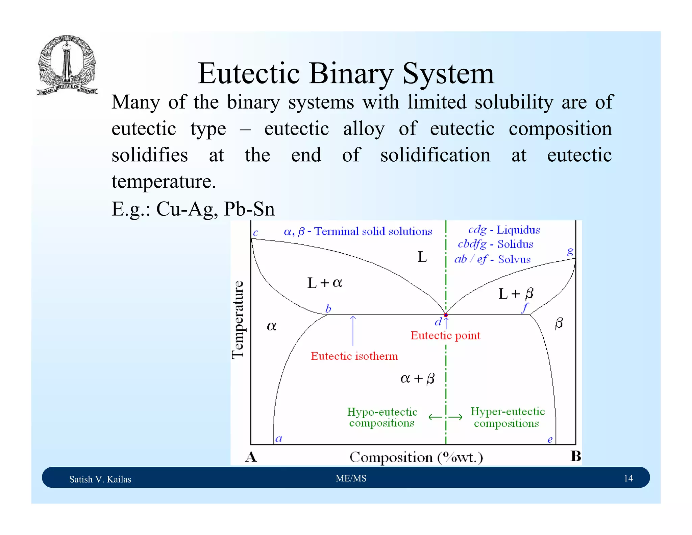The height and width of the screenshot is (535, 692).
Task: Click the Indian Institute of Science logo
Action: coord(67,65)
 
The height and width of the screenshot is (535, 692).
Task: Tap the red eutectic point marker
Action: coord(446,315)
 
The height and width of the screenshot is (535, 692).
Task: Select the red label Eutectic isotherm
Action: coord(354,356)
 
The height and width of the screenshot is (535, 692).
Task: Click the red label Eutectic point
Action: coord(445,335)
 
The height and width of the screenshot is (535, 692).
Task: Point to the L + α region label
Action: coord(324,283)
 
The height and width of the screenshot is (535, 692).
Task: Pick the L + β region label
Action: coord(516,294)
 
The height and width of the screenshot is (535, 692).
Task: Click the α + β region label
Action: coord(417,378)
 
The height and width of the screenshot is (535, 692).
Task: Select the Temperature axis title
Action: coord(238,320)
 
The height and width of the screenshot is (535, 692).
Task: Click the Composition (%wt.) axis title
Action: coord(416,457)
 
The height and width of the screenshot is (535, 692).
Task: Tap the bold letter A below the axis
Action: coord(251,457)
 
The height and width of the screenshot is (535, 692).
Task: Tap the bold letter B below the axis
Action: coord(575,456)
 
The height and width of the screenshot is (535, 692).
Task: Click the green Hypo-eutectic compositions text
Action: coord(382,417)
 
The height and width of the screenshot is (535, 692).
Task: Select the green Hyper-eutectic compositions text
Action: coord(508,417)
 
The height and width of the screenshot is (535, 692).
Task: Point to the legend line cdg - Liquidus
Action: coord(504,230)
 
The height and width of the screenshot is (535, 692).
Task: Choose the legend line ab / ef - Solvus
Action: coord(492,259)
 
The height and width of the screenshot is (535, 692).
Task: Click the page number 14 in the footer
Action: coord(628,478)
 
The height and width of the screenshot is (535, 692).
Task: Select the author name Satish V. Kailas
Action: coord(100,479)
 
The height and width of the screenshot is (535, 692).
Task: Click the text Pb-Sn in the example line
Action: coord(249,209)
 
